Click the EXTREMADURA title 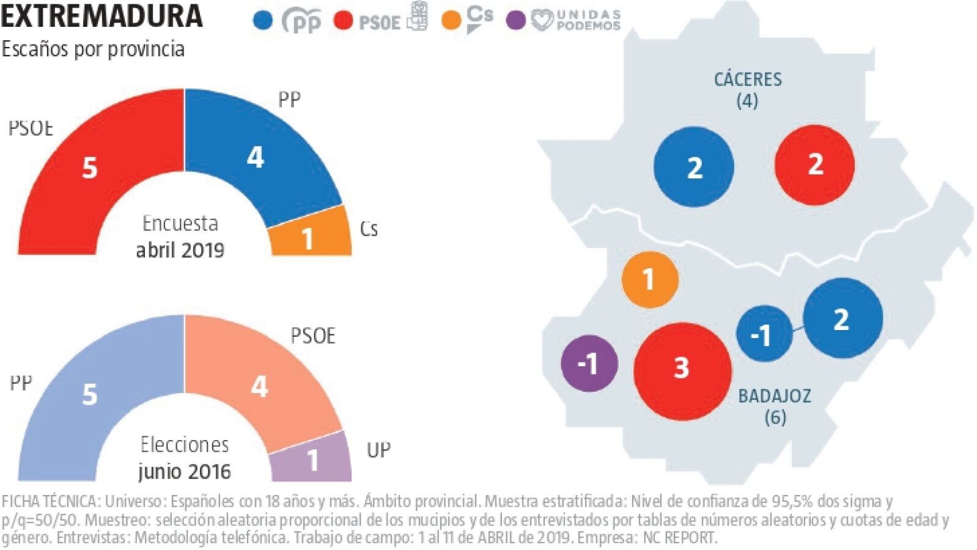(x=101, y=16)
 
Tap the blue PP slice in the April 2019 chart (x=257, y=158)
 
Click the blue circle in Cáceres (x=693, y=167)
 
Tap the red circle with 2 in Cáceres (x=814, y=164)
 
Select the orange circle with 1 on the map (x=649, y=279)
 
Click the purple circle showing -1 (x=589, y=363)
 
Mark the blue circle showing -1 (x=764, y=334)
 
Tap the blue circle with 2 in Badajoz (x=842, y=318)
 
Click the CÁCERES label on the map (x=748, y=79)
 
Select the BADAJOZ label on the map (x=775, y=396)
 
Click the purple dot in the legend (x=516, y=21)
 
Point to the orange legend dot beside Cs (x=451, y=21)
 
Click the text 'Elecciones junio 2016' (x=184, y=458)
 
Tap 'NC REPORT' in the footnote (x=679, y=538)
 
